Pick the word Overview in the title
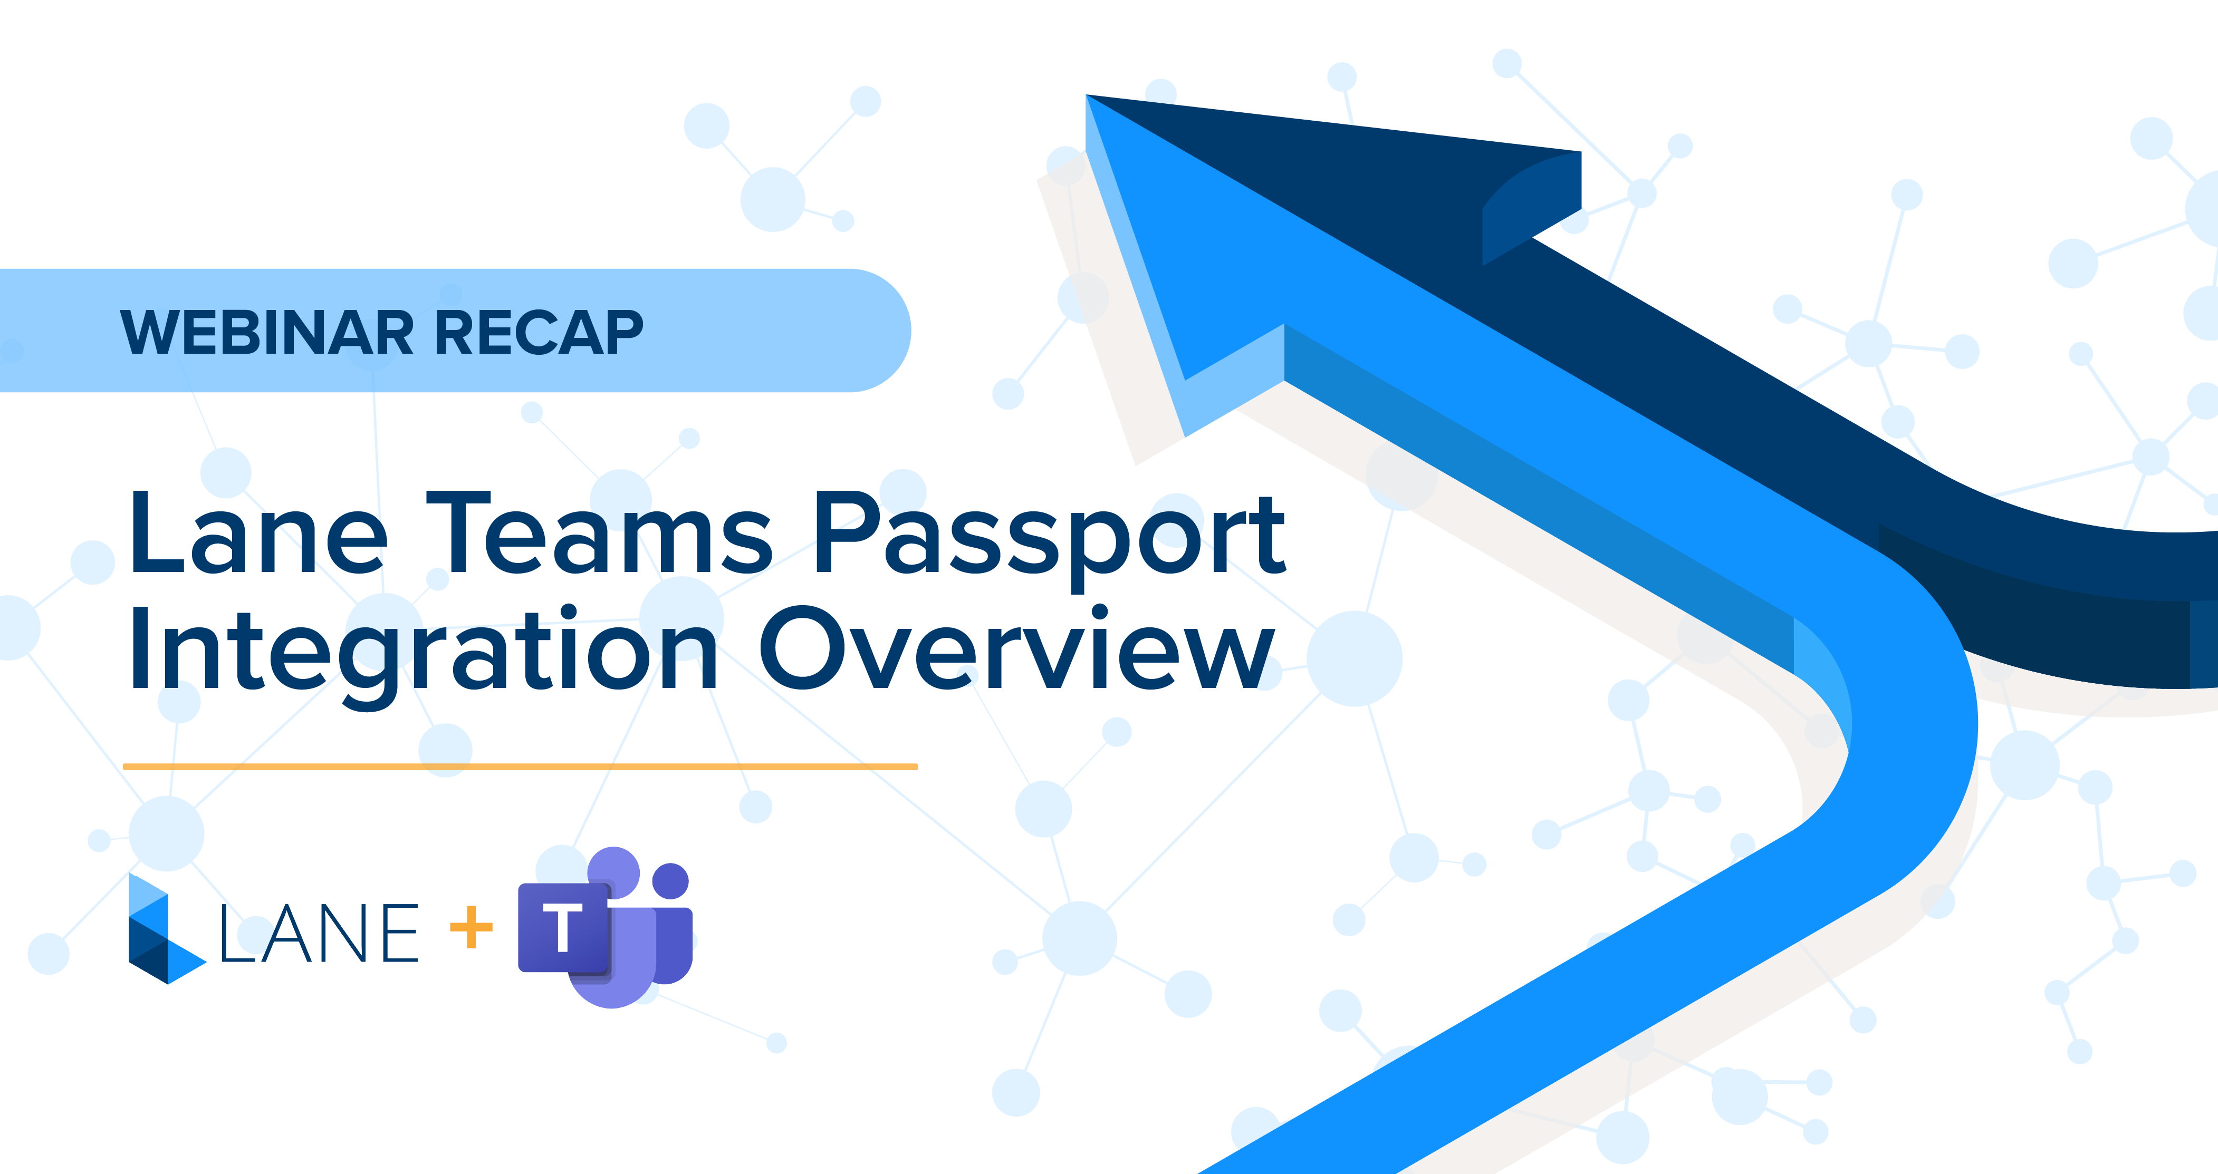point(1016,650)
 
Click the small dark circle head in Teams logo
point(671,880)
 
